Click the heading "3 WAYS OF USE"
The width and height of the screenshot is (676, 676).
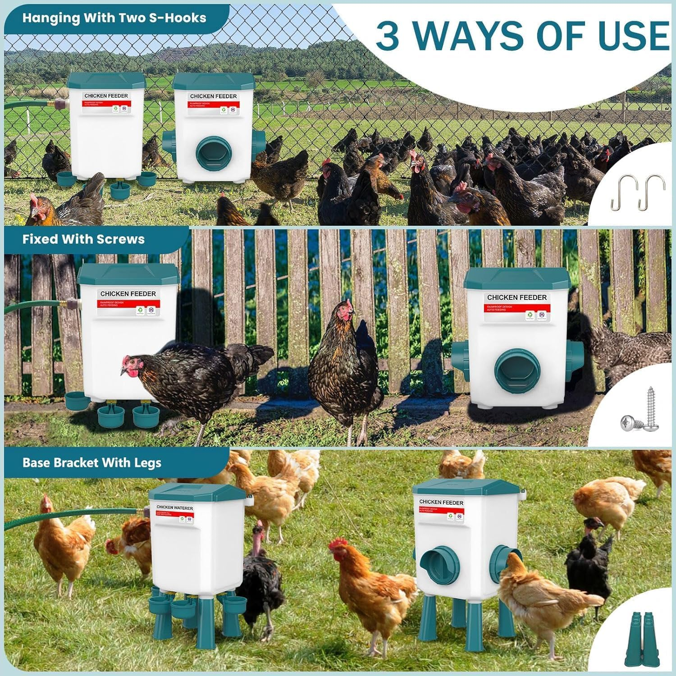click(522, 36)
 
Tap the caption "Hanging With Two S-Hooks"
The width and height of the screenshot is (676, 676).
click(114, 18)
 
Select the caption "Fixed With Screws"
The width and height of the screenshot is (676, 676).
click(83, 239)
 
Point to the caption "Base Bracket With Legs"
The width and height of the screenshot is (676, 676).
click(92, 463)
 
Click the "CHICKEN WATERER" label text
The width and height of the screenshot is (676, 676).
click(175, 508)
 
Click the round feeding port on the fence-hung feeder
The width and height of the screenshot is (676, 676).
click(213, 154)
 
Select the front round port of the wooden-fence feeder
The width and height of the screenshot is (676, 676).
click(517, 370)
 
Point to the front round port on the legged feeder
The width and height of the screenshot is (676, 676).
click(439, 565)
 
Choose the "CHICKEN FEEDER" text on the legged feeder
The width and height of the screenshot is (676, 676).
click(441, 502)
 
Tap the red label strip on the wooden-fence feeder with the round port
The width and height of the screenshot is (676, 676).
click(517, 308)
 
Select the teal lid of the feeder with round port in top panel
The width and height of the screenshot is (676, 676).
click(214, 81)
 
